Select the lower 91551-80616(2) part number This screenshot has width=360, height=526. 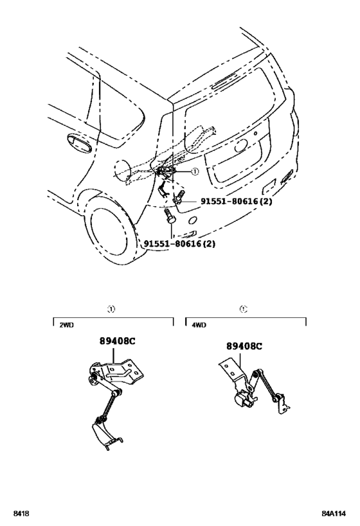(179, 243)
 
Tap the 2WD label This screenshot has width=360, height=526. (67, 326)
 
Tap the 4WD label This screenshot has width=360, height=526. (199, 326)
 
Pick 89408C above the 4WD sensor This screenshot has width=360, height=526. (244, 346)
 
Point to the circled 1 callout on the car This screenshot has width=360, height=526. (195, 171)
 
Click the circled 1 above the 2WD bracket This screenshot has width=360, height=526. (112, 309)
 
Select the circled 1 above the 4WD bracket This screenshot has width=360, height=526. (243, 309)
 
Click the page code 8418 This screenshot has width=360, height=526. (19, 514)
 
